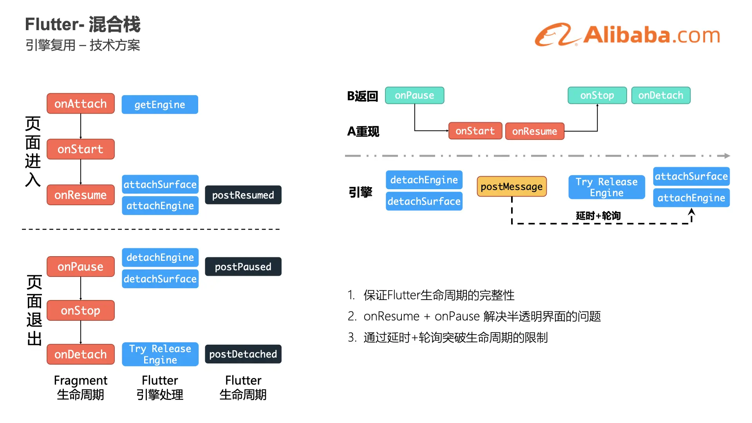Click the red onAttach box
pos(81,104)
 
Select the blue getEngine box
pos(160,105)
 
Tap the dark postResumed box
pos(243,195)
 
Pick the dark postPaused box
pos(243,267)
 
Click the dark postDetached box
pos(243,354)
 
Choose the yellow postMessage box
pos(512,187)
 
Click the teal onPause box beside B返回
pos(414,96)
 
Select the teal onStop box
pos(597,96)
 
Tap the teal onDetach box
pos(661,96)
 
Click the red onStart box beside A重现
pos(475,131)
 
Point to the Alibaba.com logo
pos(627,35)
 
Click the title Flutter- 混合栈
pos(83,24)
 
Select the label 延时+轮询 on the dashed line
pos(598,216)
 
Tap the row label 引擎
pos(360,192)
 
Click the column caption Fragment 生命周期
pos(81,387)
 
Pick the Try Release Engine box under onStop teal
pos(606,187)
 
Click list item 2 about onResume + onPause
pos(474,316)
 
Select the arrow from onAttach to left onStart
pos(81,126)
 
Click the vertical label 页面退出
pos(34,310)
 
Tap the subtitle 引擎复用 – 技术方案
pos(83,45)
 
